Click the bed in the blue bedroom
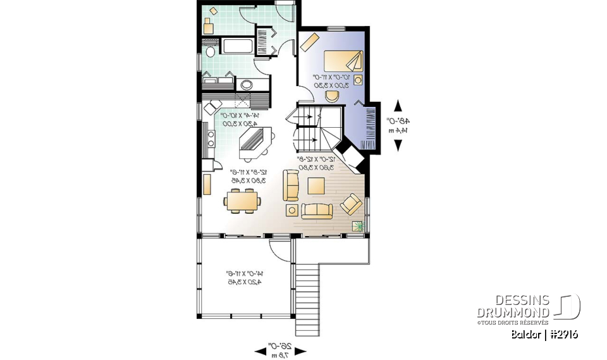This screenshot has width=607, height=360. point(344,61)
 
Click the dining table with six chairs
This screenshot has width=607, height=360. point(242,202)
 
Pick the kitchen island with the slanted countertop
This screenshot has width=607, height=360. point(255,143)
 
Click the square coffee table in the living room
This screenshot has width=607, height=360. point(317,185)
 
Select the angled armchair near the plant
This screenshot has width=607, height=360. point(352,204)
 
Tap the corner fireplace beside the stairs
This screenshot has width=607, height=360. point(349,155)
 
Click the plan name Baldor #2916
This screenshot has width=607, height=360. point(544,334)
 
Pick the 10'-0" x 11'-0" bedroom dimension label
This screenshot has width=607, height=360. point(333,80)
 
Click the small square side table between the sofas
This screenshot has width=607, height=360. point(291,211)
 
